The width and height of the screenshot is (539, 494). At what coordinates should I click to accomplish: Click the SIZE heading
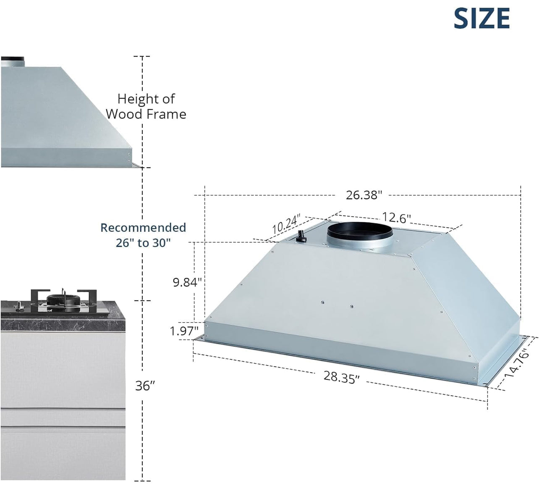tap(481, 19)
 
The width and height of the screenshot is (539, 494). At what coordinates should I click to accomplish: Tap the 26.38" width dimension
tap(364, 195)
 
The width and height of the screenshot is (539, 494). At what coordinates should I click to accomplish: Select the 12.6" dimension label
tap(396, 218)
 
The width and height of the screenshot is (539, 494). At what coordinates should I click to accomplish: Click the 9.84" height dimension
tap(188, 282)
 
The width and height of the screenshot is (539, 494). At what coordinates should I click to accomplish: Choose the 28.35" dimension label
tap(341, 377)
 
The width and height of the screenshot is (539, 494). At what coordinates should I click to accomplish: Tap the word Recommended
tap(143, 227)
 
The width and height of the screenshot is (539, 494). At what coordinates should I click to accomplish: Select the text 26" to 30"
tap(144, 243)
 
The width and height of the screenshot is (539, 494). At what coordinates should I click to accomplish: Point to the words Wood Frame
tap(146, 114)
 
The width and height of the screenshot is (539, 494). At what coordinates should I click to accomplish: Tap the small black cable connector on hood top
tap(301, 236)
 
